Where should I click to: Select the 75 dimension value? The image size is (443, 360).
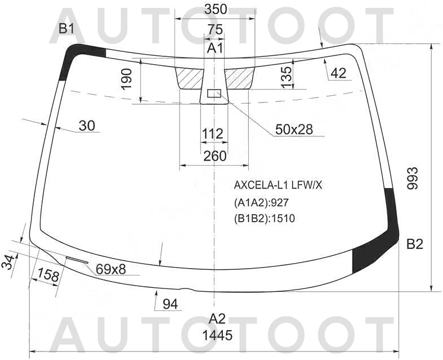click(x=214, y=29)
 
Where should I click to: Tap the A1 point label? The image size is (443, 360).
click(x=215, y=48)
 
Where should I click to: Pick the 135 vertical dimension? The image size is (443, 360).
click(x=286, y=77)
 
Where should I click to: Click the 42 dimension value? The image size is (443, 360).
click(x=338, y=73)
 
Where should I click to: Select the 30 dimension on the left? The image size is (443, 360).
click(x=87, y=125)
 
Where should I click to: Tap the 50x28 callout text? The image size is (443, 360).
click(x=294, y=130)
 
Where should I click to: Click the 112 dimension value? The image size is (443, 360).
click(x=213, y=134)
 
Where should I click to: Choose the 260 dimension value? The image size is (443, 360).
click(x=214, y=156)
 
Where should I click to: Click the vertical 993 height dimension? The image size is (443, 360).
click(x=414, y=179)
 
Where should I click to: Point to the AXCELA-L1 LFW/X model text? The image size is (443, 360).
click(x=278, y=185)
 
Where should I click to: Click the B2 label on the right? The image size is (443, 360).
click(x=414, y=245)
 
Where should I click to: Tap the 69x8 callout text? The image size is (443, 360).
click(x=110, y=269)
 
